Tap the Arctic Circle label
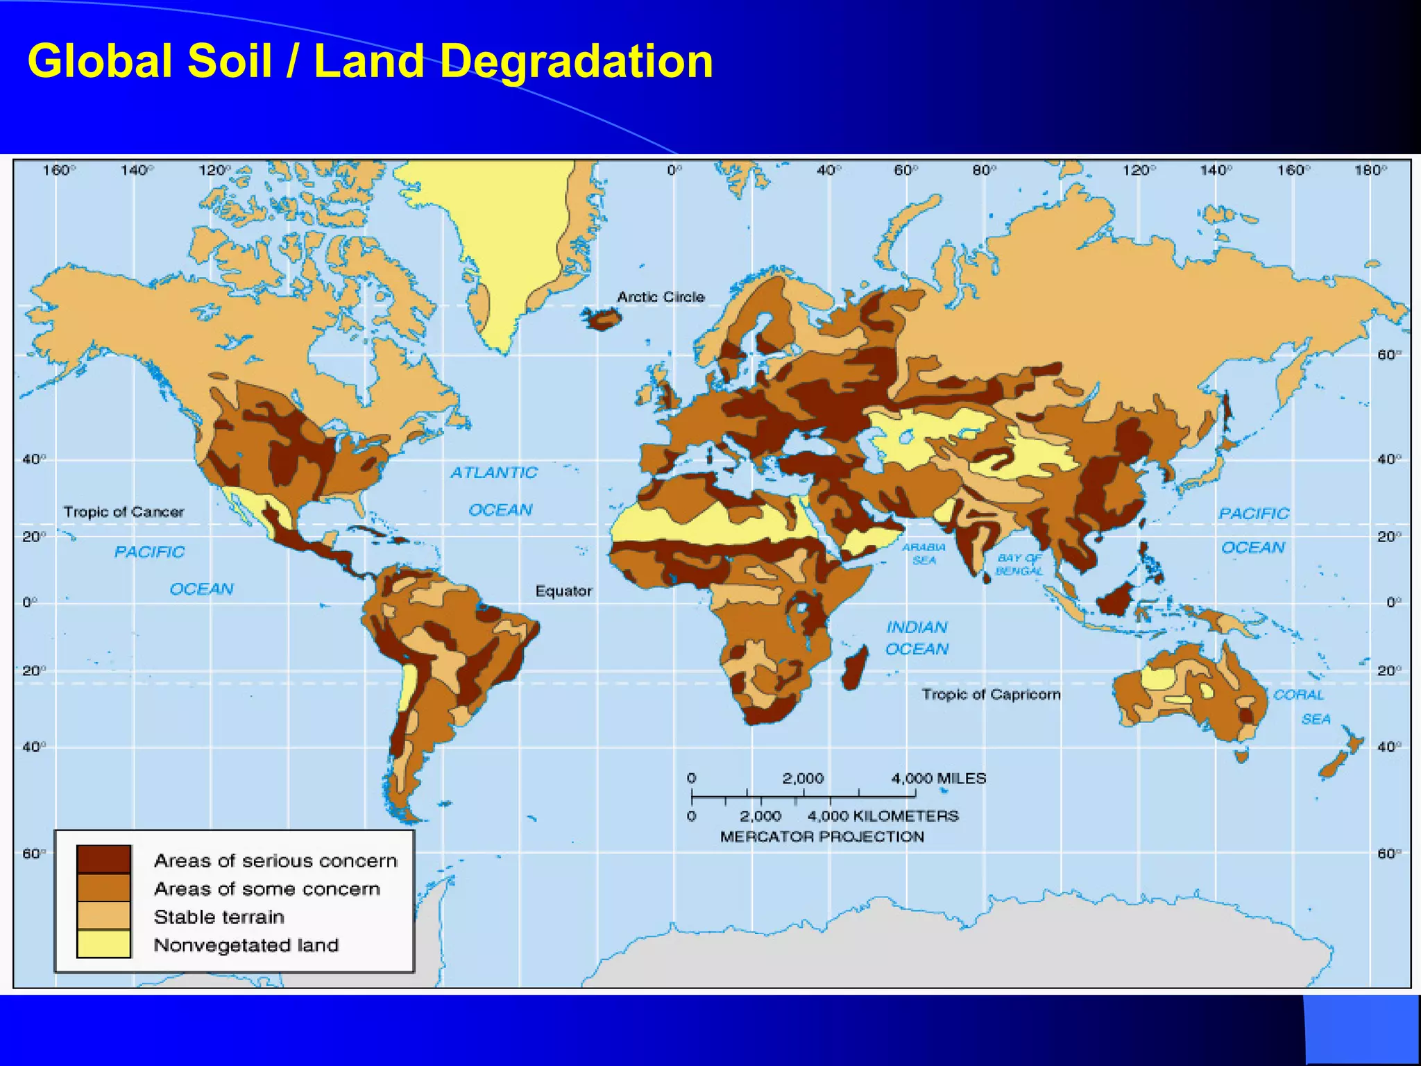[x=661, y=297]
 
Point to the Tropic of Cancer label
[x=124, y=512]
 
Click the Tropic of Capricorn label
[x=991, y=694]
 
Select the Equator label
[x=563, y=591]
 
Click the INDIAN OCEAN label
[x=917, y=638]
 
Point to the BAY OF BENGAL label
[x=1019, y=564]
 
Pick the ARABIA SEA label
[x=924, y=554]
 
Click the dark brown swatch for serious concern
[x=103, y=858]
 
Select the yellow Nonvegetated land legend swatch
[x=103, y=944]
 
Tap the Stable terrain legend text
[x=219, y=917]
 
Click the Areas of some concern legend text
[x=267, y=889]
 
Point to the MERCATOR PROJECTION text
[x=822, y=836]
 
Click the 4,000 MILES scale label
[x=938, y=779]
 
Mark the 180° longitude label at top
[x=1370, y=171]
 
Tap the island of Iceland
[x=602, y=319]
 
